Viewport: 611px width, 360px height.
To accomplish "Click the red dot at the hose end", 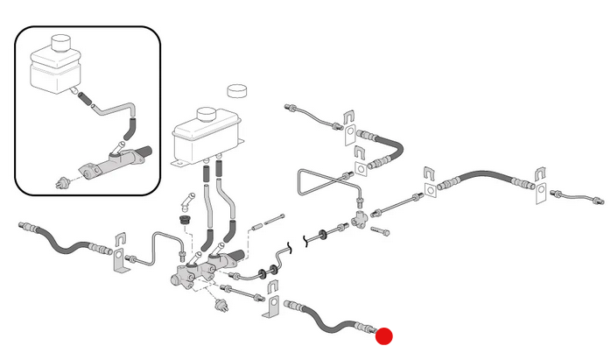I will pyautogui.click(x=384, y=335).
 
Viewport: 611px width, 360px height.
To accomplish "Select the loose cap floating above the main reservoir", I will pyautogui.click(x=237, y=90).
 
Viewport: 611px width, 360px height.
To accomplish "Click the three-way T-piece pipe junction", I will pyautogui.click(x=360, y=213).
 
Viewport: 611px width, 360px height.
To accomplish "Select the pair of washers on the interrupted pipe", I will pyautogui.click(x=329, y=235).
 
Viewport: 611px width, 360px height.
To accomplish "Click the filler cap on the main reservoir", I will pyautogui.click(x=206, y=115).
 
